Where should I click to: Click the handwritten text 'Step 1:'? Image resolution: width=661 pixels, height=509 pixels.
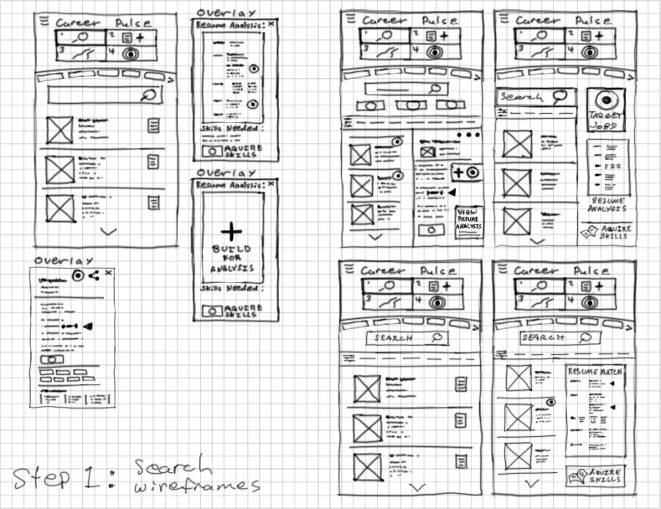(63, 480)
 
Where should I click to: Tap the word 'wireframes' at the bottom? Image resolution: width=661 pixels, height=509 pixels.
(197, 485)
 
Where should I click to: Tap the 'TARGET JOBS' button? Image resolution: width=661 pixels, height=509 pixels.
(607, 120)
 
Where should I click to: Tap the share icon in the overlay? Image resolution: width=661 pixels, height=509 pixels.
(93, 275)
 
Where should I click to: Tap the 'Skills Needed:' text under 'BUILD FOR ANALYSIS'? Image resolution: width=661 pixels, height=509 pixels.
(230, 289)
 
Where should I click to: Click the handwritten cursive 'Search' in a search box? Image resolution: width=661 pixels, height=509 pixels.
(522, 96)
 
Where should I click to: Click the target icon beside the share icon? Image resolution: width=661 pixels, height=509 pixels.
(77, 275)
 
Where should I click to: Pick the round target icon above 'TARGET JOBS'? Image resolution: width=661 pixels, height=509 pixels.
(607, 99)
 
